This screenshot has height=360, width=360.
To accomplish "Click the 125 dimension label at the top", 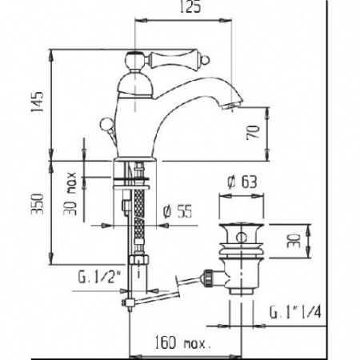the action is (190, 6).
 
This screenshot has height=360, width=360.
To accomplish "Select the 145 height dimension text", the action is (37, 102).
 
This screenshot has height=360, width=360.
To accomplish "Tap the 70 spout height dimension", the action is (253, 132).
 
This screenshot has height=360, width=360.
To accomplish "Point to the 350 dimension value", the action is (37, 204).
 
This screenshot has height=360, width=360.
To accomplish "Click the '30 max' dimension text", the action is (70, 194).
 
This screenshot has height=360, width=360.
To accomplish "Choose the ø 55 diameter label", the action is (178, 212).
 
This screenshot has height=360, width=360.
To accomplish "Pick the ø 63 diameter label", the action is (242, 182).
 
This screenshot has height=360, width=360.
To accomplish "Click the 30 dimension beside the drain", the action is (294, 241).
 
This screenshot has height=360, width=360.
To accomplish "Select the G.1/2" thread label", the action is (100, 278).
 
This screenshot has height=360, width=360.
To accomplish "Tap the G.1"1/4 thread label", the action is (295, 312).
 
